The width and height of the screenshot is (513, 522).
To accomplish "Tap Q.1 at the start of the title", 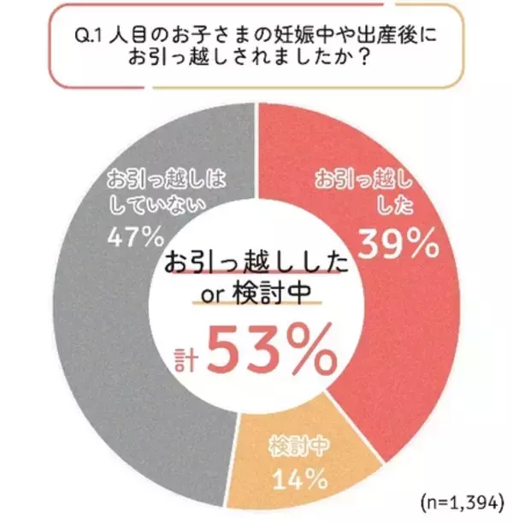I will click(x=94, y=39).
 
